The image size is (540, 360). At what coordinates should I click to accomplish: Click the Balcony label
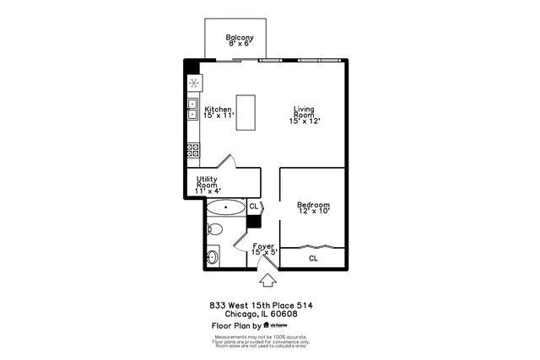[x=240, y=40]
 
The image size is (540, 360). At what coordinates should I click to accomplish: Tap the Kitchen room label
[x=218, y=113]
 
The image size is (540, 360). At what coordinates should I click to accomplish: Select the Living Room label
[x=305, y=116]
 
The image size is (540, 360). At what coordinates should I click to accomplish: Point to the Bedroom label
[x=312, y=207]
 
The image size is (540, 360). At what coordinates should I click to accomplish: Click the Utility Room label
[x=208, y=185]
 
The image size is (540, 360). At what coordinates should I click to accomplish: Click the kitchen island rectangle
[x=246, y=113]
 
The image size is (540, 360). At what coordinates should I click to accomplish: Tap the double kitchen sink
[x=192, y=110]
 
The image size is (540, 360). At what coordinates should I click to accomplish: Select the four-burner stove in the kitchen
[x=192, y=151]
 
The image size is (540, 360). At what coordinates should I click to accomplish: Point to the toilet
[x=214, y=229]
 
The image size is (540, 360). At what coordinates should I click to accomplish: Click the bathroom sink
[x=212, y=255]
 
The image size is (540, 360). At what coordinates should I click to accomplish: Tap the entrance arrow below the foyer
[x=268, y=280]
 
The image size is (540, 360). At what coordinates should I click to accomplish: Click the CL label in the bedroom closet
[x=312, y=258]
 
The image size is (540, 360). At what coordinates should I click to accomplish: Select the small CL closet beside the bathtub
[x=253, y=206]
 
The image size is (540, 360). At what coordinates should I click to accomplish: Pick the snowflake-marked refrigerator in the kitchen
[x=193, y=83]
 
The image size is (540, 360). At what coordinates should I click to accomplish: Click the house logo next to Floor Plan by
[x=267, y=325]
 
